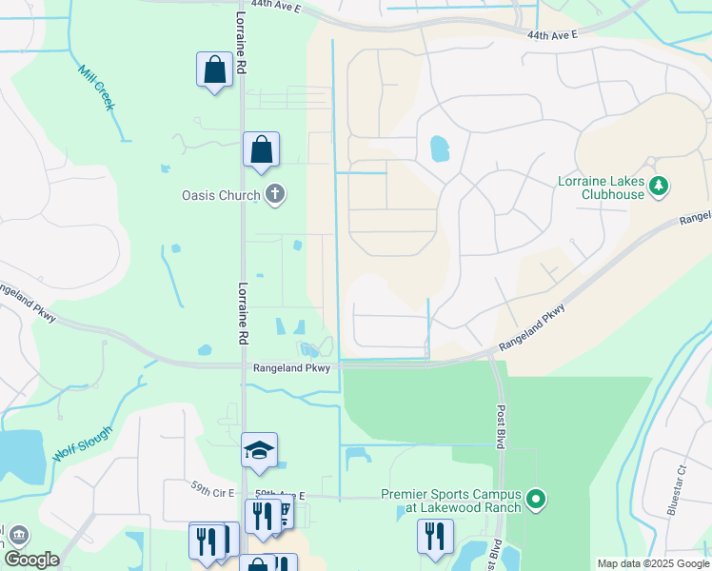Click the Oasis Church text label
tap(221, 196)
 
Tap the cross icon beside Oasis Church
tap(275, 195)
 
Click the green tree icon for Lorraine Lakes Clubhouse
tap(659, 186)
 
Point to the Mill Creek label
tap(97, 88)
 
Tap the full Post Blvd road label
tap(502, 426)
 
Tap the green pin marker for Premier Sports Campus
tap(536, 498)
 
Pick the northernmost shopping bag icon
tap(214, 69)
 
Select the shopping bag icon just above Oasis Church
tap(261, 149)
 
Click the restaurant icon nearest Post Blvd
tap(435, 536)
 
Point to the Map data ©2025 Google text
tap(652, 563)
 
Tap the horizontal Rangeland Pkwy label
tap(291, 368)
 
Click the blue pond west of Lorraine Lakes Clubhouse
tap(439, 148)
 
